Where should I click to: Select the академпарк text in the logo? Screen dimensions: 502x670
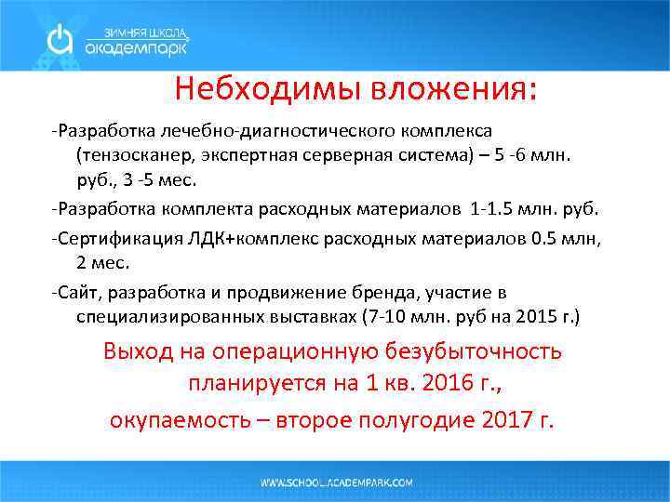136,46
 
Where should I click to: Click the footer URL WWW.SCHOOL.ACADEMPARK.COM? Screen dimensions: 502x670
336,482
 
